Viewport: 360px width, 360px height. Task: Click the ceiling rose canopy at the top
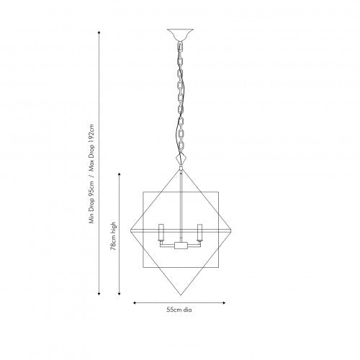click(x=180, y=35)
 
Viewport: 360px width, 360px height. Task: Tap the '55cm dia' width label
click(x=179, y=310)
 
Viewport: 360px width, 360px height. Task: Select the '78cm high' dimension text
click(x=113, y=236)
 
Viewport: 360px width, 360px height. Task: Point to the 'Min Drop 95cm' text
click(x=91, y=202)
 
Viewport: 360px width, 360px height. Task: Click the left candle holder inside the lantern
click(x=161, y=233)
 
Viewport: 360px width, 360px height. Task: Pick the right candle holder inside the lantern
click(x=200, y=233)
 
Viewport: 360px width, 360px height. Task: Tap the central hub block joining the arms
click(x=181, y=246)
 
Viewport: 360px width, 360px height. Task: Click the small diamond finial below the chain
click(x=181, y=158)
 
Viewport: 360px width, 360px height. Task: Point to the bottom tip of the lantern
click(x=181, y=294)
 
